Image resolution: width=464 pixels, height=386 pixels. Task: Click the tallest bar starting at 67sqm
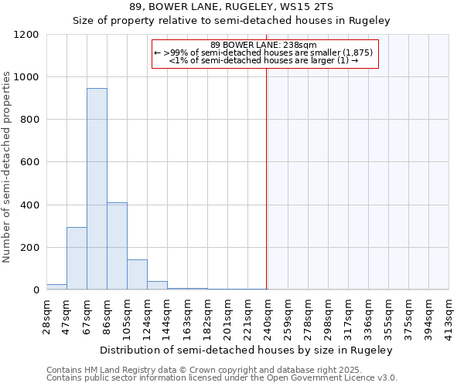97,189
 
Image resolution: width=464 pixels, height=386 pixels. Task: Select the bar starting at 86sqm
117,245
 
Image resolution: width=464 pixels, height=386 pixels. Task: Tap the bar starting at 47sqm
77,259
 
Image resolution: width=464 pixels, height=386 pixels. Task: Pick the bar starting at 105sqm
137,275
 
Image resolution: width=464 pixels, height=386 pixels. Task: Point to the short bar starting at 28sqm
56,286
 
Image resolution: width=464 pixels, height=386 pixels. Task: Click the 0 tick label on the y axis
36,290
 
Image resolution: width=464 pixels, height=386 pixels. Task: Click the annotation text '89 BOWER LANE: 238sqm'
264,45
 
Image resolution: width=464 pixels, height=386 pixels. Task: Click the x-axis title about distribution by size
247,350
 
